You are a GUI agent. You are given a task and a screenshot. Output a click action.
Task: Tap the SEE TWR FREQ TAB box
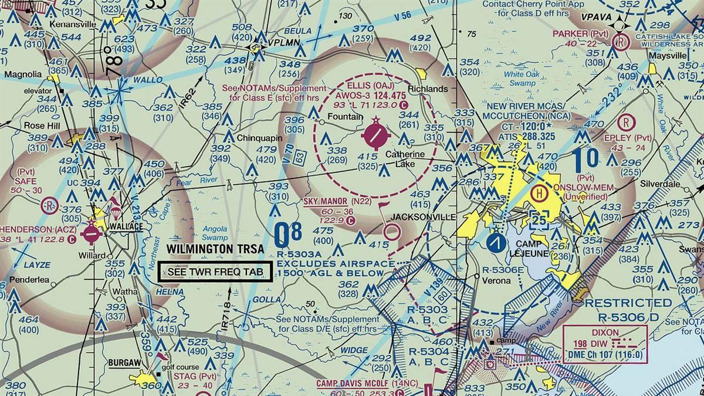click(x=215, y=272)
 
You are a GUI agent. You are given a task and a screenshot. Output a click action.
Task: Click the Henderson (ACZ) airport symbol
click(x=92, y=233)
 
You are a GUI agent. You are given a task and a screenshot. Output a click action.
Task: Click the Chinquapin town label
click(x=260, y=138)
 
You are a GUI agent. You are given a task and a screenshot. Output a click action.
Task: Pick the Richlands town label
click(x=431, y=89)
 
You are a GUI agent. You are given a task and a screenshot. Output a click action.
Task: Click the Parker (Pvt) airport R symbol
click(x=619, y=42)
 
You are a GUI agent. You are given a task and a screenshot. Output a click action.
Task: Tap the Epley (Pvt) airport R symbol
click(x=627, y=123)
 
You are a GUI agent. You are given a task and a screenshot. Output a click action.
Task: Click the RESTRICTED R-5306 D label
click(x=629, y=310)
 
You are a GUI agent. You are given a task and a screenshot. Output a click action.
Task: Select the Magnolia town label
click(x=23, y=75)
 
